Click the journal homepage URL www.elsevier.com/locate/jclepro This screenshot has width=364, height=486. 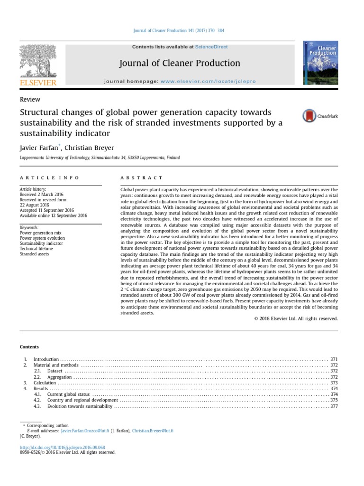[x=201, y=82]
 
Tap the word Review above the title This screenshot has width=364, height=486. [x=30, y=100]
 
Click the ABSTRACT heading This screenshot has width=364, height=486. [x=141, y=178]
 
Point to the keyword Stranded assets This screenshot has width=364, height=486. [x=34, y=254]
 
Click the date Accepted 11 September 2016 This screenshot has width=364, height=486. [x=47, y=210]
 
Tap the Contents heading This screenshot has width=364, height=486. [x=29, y=347]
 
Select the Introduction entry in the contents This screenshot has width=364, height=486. [x=46, y=360]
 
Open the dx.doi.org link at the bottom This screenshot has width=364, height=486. [x=62, y=448]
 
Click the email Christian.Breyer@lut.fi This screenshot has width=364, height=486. [x=153, y=431]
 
